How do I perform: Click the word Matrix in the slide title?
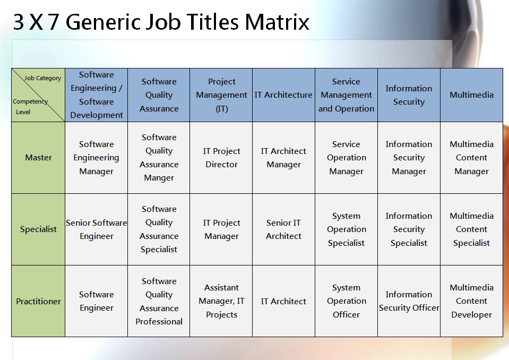(x=277, y=22)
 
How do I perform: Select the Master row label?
(x=38, y=158)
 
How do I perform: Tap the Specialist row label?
(x=38, y=229)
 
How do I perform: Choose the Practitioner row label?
(x=38, y=301)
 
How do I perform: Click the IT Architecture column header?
(x=283, y=95)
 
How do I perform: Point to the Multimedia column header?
(x=471, y=95)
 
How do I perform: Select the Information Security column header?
(x=409, y=95)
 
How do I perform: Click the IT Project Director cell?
(x=222, y=158)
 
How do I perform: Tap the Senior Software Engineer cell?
(x=97, y=229)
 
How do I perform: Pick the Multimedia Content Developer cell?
(x=471, y=301)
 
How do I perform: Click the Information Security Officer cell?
(x=409, y=301)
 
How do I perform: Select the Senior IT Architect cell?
(x=283, y=229)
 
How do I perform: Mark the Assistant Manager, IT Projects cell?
(x=222, y=301)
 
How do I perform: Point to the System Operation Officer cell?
(x=347, y=301)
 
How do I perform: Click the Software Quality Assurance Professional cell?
(x=159, y=301)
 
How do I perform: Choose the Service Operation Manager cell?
(x=347, y=158)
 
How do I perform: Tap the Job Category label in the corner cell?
(x=42, y=78)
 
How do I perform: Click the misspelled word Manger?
(x=159, y=178)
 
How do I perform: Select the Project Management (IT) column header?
(x=222, y=95)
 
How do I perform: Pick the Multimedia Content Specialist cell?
(x=471, y=229)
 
